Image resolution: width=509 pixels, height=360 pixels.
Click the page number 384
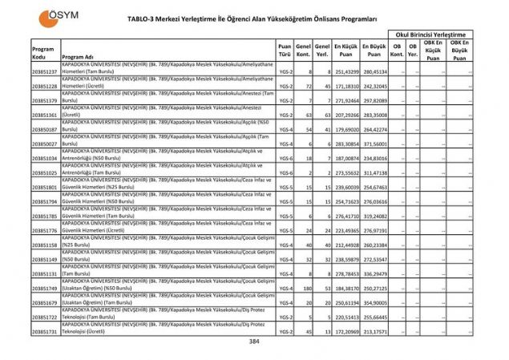coord(254,342)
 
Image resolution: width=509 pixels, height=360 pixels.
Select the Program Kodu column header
coord(43,53)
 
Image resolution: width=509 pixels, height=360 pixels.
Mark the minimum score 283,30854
coord(345,144)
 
